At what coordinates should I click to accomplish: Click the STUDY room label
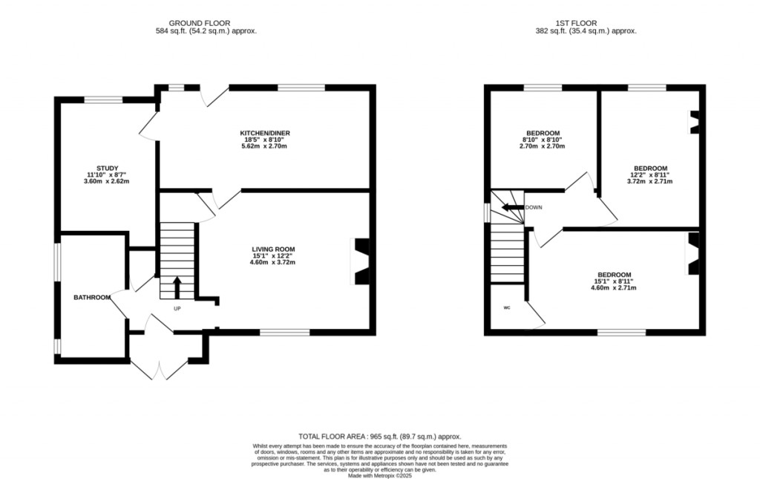point(107,169)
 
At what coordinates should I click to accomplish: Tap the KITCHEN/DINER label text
point(265,133)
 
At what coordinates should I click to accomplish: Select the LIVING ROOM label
point(273,250)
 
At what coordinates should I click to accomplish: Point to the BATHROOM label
point(92,297)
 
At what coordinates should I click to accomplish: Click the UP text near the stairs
point(177,308)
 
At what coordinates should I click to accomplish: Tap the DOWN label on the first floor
point(534,207)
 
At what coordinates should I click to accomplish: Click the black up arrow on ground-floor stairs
point(177,287)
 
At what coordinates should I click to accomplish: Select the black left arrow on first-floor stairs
point(513,207)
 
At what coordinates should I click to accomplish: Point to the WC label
point(507,307)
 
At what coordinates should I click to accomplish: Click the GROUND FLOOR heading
point(200,23)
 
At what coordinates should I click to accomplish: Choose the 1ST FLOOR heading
point(576,23)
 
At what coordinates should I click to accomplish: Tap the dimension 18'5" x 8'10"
point(264,140)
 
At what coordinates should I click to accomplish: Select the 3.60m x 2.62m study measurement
point(107,181)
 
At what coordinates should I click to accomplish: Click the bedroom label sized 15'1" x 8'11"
point(614,275)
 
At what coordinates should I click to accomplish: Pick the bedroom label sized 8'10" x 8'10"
point(543,133)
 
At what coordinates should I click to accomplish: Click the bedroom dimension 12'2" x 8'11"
point(649,175)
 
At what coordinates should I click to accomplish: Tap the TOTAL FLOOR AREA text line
point(380,437)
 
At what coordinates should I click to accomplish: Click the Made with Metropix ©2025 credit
point(380,476)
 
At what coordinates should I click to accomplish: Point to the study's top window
point(104,100)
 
